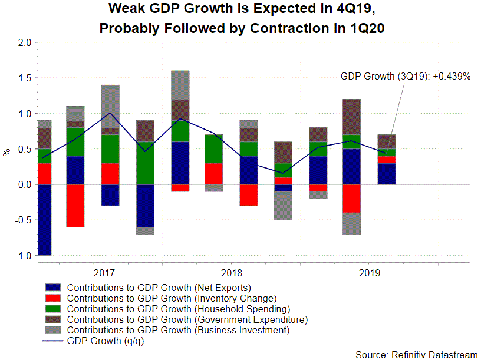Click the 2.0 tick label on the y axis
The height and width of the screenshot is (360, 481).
pyautogui.click(x=24, y=42)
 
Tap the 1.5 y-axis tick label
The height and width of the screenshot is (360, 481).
pyautogui.click(x=24, y=78)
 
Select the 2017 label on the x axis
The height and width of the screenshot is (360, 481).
pyautogui.click(x=105, y=273)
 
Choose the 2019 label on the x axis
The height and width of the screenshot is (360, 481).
pyautogui.click(x=369, y=273)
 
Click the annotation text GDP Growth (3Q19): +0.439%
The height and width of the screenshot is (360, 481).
pyautogui.click(x=405, y=77)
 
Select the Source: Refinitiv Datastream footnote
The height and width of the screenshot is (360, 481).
pyautogui.click(x=417, y=354)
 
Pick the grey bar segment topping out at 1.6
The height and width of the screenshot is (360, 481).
pyautogui.click(x=180, y=85)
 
